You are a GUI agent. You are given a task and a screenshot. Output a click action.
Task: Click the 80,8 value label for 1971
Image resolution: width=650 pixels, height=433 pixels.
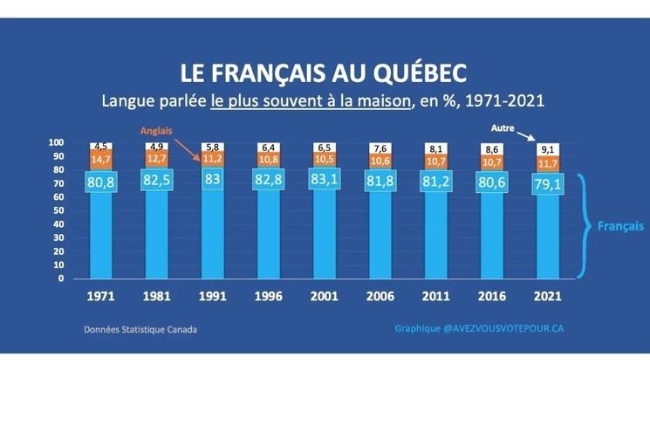[101, 182]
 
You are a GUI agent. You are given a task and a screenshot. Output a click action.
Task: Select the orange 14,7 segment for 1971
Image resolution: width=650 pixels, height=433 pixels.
[101, 160]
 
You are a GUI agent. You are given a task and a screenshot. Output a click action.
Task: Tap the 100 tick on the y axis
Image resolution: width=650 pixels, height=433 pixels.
[56, 143]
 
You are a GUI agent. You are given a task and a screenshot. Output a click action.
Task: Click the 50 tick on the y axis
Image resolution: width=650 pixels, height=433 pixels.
[58, 211]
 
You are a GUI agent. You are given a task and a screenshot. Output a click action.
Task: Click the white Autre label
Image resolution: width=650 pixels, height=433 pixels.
[501, 127]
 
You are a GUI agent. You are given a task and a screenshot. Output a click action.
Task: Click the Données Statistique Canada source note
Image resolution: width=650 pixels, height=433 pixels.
[140, 331]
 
